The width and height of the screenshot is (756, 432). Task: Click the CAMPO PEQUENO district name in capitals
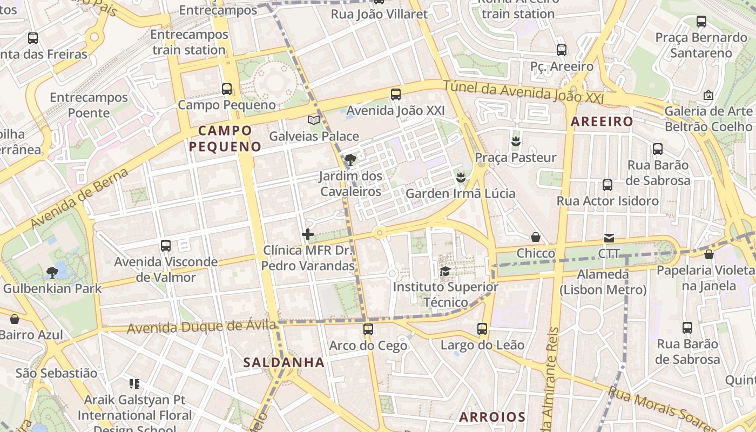click(x=225, y=138)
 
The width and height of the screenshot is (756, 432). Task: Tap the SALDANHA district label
click(x=284, y=362)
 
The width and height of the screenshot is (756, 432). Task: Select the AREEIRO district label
click(x=602, y=122)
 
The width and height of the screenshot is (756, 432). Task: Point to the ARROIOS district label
click(x=492, y=417)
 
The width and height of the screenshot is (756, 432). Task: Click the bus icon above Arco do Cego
click(x=368, y=329)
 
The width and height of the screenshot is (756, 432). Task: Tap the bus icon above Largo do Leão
click(x=482, y=328)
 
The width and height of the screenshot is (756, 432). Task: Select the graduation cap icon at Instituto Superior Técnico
click(x=445, y=271)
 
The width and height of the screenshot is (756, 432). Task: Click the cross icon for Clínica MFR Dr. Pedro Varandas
click(x=308, y=234)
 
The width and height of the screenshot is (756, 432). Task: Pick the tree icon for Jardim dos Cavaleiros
click(x=350, y=159)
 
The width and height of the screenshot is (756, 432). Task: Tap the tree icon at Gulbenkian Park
click(x=52, y=272)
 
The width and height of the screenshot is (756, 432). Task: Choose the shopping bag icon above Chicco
click(x=536, y=237)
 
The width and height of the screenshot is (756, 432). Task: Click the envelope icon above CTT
click(x=609, y=238)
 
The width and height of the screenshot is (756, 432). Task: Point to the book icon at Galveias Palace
click(x=314, y=120)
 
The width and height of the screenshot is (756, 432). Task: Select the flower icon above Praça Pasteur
click(x=515, y=141)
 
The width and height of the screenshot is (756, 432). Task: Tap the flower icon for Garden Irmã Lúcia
click(x=461, y=177)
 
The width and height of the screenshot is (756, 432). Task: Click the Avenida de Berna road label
click(x=79, y=198)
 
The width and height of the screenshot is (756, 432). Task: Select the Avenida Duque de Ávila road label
click(x=201, y=327)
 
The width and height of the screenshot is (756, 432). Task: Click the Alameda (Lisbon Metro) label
click(x=603, y=282)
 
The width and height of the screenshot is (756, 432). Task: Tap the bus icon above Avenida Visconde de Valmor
click(x=166, y=246)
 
